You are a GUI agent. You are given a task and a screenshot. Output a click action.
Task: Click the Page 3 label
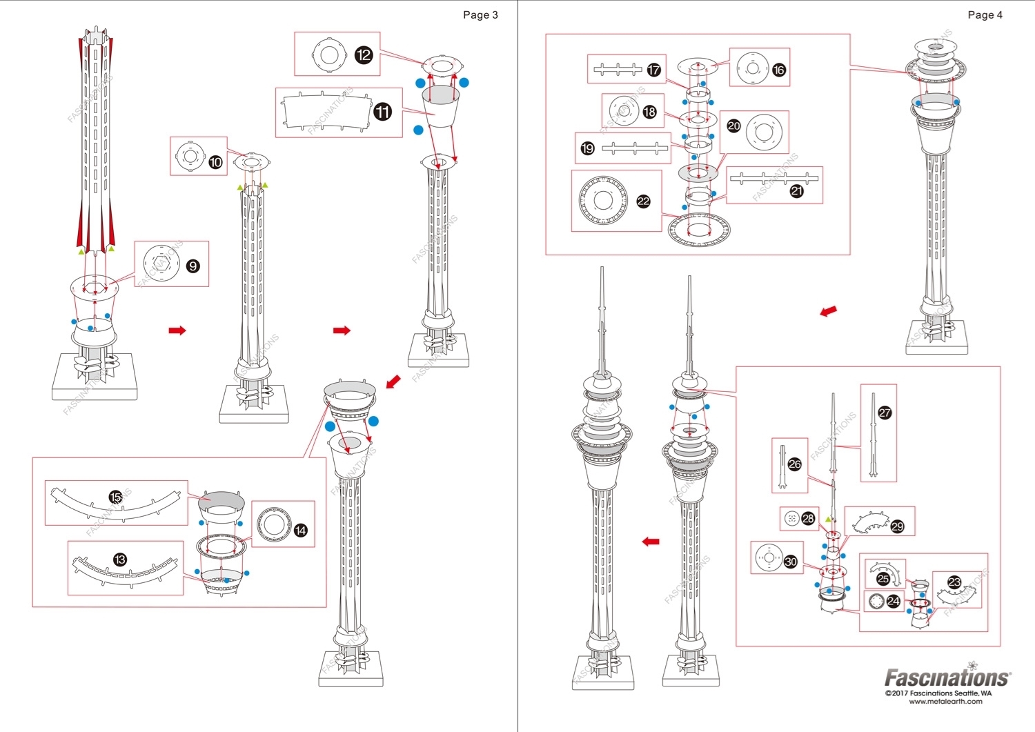[x=480, y=15]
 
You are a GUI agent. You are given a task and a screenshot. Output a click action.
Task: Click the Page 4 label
[x=985, y=15]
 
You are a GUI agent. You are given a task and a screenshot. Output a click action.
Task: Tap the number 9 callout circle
[x=193, y=266]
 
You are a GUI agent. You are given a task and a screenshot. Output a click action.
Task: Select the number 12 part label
[x=364, y=55]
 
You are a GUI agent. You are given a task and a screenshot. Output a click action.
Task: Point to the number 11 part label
[x=383, y=112]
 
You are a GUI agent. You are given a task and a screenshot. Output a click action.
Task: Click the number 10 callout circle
[x=215, y=162]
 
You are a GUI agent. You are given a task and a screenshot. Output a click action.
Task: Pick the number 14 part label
[x=300, y=531]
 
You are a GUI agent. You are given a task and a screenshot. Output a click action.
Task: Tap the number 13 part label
[x=120, y=560]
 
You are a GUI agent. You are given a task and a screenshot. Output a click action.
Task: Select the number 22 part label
[x=643, y=201]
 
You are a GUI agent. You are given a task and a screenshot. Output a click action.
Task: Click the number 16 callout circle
[x=779, y=70]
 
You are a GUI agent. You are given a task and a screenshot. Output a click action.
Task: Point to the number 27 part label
[x=885, y=413]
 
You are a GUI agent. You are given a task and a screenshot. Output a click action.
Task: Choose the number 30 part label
[x=791, y=562]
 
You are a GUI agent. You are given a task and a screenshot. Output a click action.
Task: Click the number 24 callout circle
[x=893, y=601]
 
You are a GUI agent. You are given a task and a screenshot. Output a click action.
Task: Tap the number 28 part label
[x=808, y=518]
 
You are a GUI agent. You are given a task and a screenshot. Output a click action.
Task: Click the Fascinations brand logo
[x=947, y=677]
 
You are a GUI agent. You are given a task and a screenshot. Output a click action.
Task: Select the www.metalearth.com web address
[x=945, y=702]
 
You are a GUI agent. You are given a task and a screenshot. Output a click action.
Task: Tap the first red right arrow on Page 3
[x=177, y=330]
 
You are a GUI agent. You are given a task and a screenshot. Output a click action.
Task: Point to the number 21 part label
[x=797, y=191]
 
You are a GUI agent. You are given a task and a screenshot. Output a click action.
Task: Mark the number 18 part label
[x=649, y=112]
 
